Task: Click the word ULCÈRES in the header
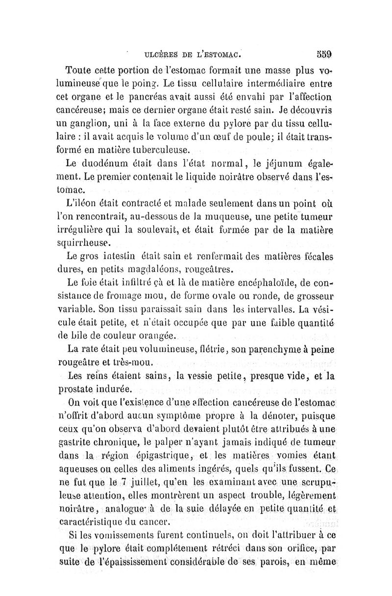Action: click(x=159, y=53)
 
